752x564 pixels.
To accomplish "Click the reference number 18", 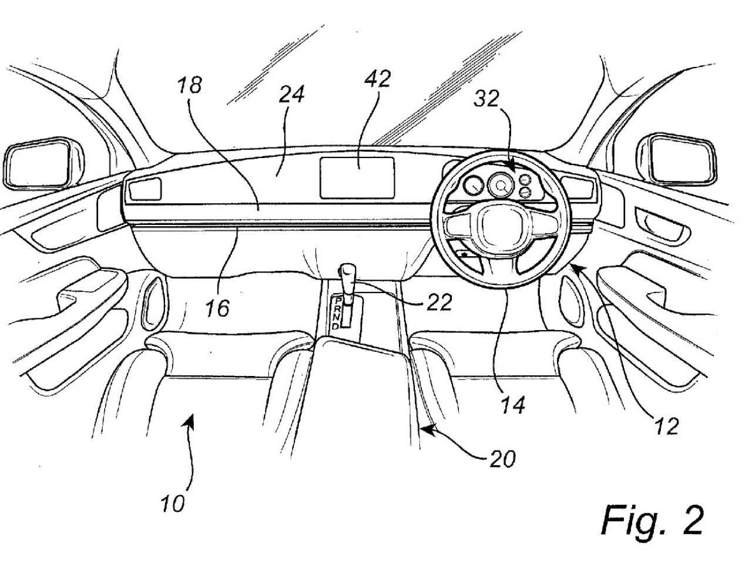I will click(x=190, y=85).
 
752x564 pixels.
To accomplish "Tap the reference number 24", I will click(x=291, y=93).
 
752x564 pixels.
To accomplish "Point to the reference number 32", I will click(x=488, y=99).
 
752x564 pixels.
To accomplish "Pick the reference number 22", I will click(x=438, y=302).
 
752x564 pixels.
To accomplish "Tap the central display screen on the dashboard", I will click(x=357, y=177).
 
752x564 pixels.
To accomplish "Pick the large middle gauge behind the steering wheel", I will click(x=501, y=186).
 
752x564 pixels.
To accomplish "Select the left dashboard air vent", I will click(x=143, y=189).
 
